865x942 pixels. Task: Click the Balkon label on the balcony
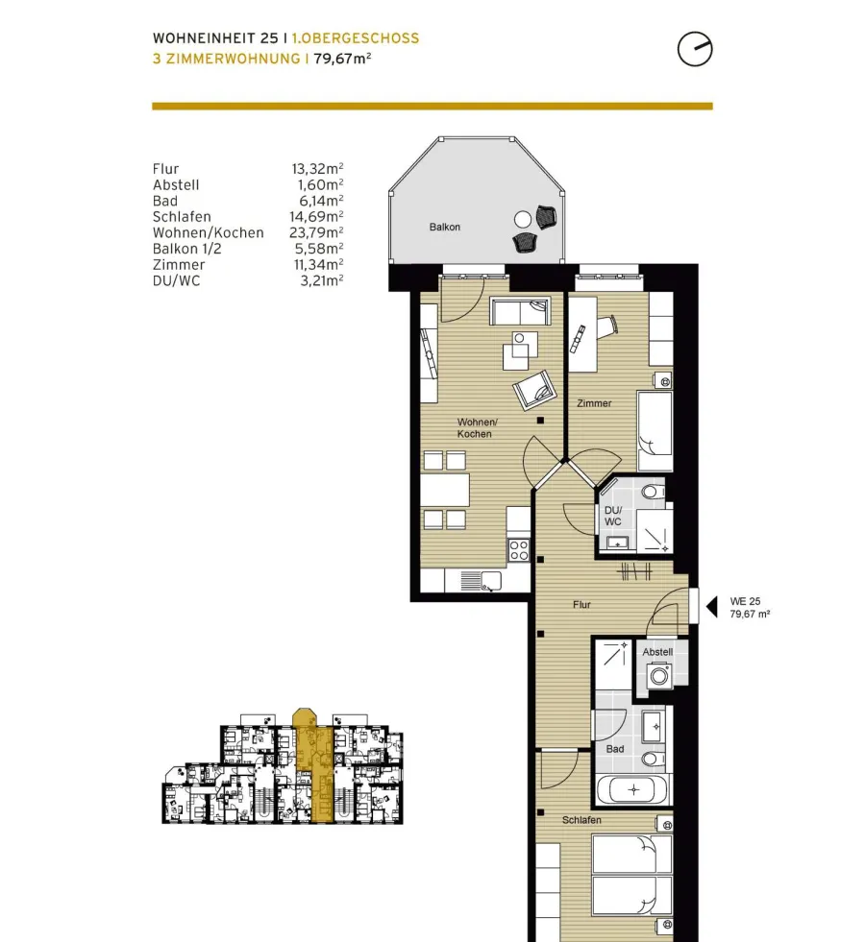pos(445,227)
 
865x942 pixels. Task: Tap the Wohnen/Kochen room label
pos(477,427)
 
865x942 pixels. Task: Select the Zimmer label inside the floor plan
pos(594,403)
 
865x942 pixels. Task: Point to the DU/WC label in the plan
pos(613,516)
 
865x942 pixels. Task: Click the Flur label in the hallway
pos(581,605)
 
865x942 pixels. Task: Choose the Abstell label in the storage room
pos(657,652)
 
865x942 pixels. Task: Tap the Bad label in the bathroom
pos(615,749)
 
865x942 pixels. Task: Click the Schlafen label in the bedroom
pos(581,820)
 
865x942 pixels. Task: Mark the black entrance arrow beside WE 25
pos(712,607)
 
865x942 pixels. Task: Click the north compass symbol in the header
pos(695,49)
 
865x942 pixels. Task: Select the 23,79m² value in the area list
pos(316,232)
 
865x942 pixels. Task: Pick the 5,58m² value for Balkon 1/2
pos(318,249)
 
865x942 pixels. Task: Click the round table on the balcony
pos(523,219)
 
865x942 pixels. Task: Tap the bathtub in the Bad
pos(632,790)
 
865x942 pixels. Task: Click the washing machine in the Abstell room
pos(658,675)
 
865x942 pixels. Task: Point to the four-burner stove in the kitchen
pos(519,550)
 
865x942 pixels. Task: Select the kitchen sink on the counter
pos(482,581)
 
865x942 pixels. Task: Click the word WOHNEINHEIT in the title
pos(204,38)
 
